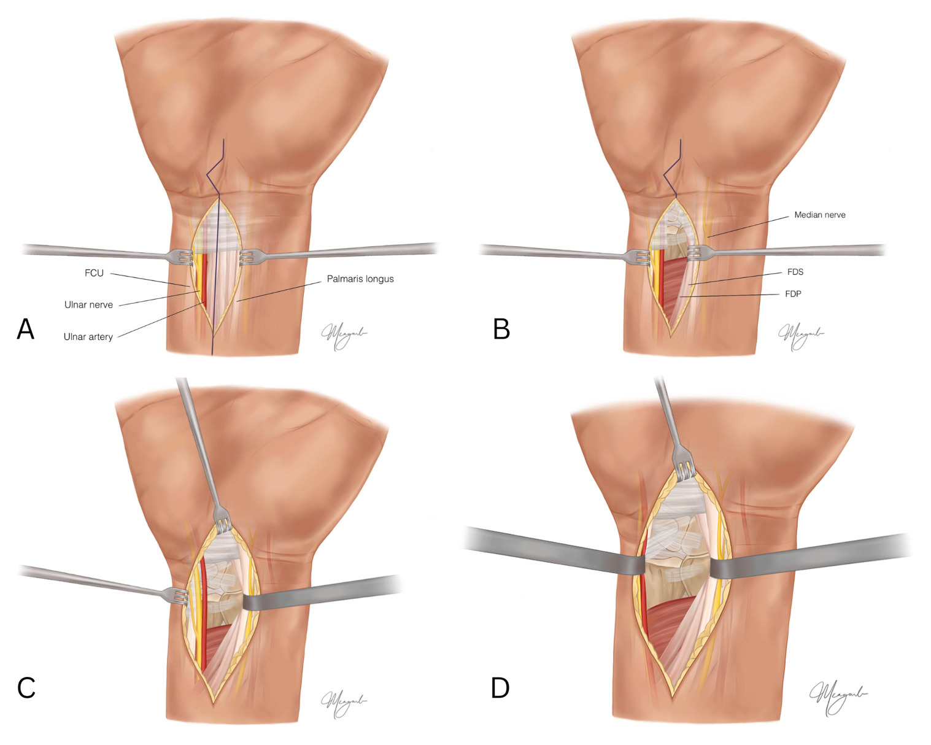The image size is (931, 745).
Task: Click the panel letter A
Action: tap(25, 329)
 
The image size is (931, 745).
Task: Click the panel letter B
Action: tap(501, 329)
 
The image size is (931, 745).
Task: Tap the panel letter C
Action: tap(26, 688)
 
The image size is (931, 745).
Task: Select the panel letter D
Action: tap(500, 688)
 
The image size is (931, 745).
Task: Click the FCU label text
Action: tap(94, 273)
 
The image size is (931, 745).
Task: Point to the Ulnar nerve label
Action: tap(88, 305)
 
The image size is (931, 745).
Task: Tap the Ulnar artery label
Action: tap(88, 337)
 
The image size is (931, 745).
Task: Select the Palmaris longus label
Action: tap(360, 279)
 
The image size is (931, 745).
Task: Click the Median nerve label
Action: tap(819, 215)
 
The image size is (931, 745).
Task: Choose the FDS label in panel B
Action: tap(795, 272)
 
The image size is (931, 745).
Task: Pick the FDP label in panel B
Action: tap(793, 294)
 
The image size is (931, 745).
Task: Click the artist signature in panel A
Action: tap(344, 334)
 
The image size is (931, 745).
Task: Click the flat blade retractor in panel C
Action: tap(319, 593)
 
